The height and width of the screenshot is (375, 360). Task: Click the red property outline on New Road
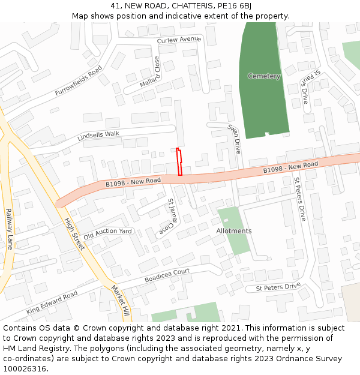point(179,162)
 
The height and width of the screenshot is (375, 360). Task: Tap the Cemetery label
point(264,76)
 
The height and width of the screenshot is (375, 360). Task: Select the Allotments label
point(234,231)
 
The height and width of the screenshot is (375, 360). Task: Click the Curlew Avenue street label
point(178,40)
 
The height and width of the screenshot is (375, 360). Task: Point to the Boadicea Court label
point(167,276)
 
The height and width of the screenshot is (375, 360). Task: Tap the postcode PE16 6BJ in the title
point(233,6)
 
